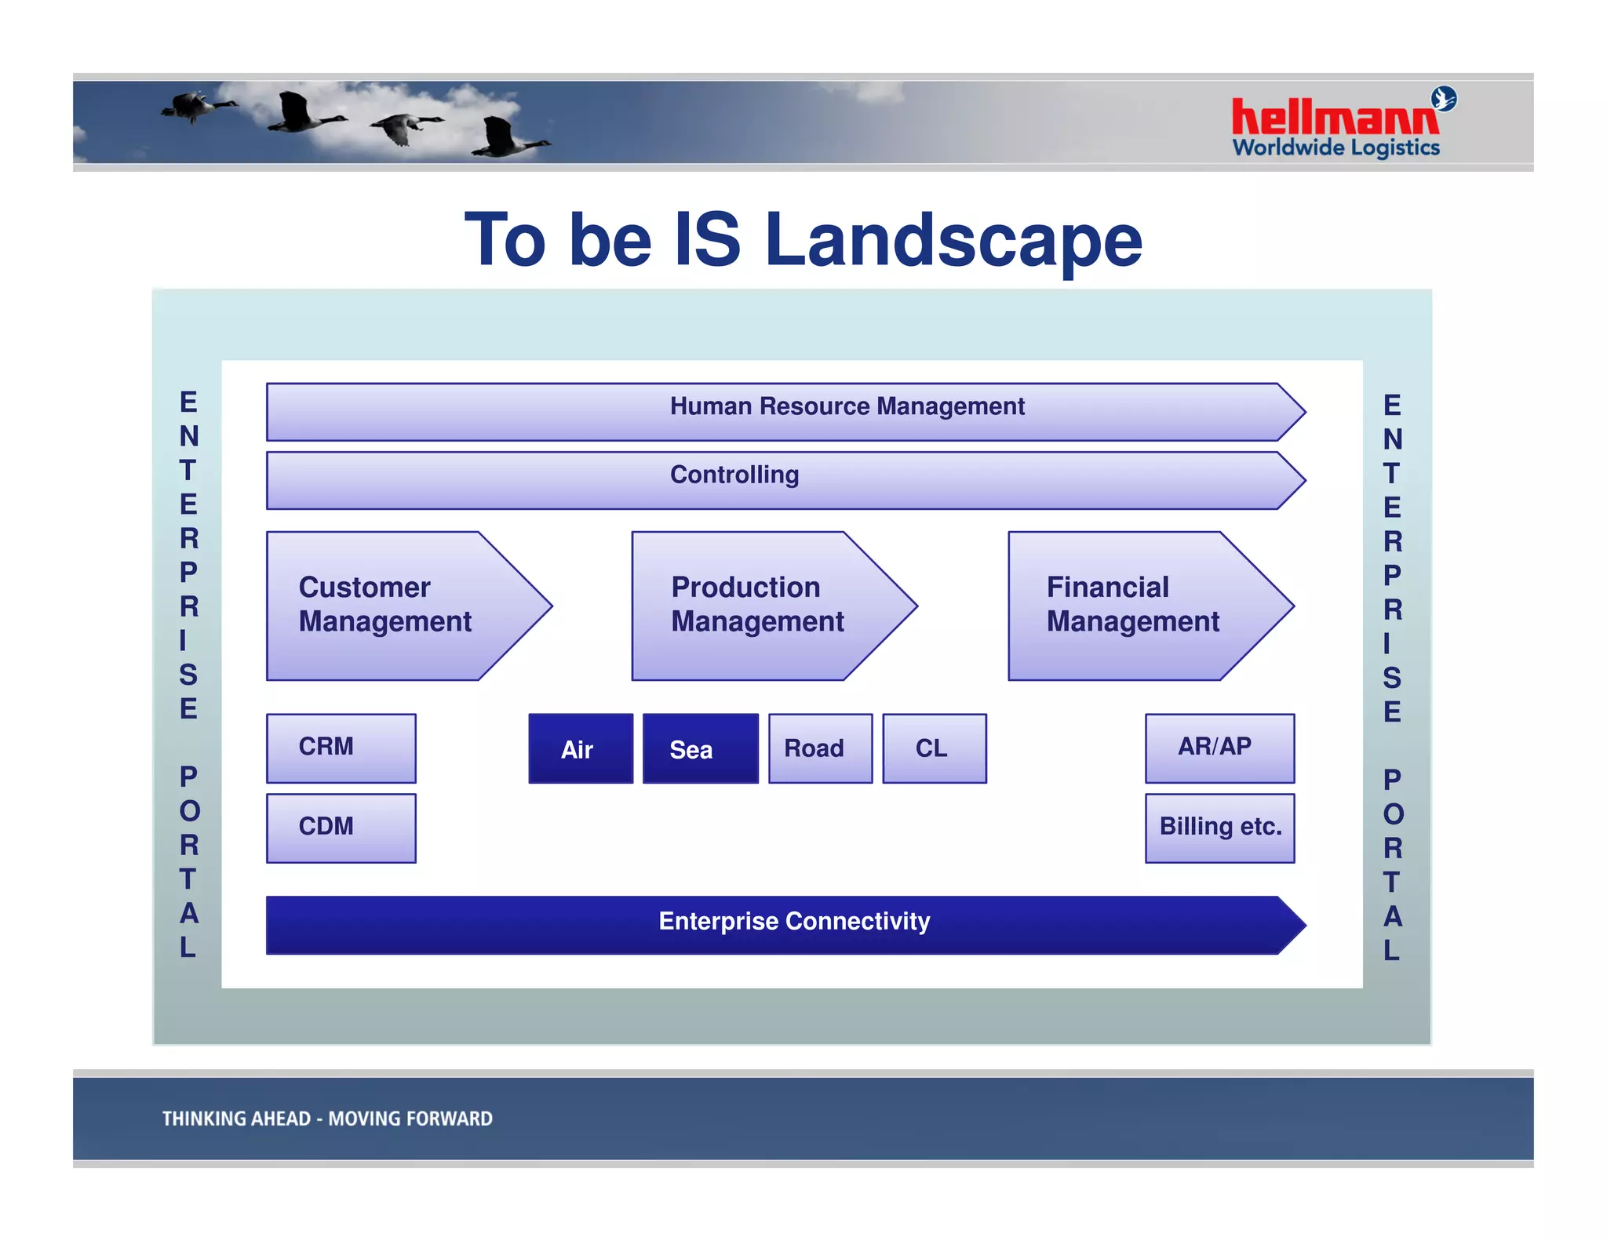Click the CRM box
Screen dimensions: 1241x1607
[341, 748]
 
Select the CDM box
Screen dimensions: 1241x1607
[341, 828]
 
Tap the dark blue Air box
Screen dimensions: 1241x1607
[580, 748]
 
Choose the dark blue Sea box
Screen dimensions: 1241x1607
[700, 748]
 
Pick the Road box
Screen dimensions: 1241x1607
[819, 748]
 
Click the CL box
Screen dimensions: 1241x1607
[934, 748]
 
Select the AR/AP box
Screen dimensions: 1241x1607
[1219, 748]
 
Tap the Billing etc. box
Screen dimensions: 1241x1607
[1219, 828]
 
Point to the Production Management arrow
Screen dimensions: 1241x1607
[758, 605]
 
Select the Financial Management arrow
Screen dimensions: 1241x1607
[1133, 605]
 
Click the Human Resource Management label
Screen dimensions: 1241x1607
[847, 406]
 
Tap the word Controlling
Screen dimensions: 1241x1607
[734, 475]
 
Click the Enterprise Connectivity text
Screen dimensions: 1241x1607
[794, 921]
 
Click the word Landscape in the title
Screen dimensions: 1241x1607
[953, 240]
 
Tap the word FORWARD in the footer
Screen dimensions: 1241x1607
[450, 1119]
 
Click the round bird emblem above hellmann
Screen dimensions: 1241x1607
[1443, 99]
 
